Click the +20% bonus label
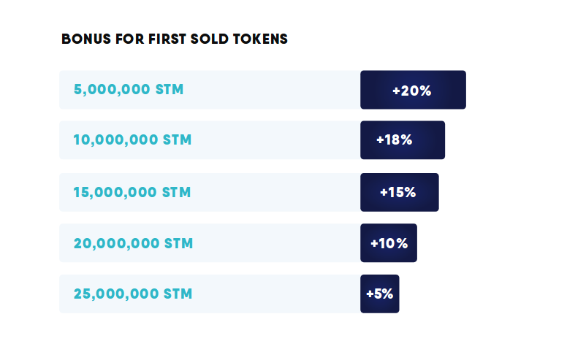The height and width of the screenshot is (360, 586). [412, 91]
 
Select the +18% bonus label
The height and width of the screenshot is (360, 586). [395, 140]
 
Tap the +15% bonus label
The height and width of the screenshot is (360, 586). [398, 193]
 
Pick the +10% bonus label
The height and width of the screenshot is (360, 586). [389, 243]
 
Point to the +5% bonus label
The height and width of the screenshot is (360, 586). [380, 294]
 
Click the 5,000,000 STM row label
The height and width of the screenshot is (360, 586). [129, 90]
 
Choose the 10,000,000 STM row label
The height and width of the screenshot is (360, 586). [132, 140]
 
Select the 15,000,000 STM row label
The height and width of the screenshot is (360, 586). [132, 193]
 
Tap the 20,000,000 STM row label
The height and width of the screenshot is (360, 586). [133, 243]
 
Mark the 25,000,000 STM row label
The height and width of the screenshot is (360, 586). [133, 294]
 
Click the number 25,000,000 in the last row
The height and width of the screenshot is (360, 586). [116, 294]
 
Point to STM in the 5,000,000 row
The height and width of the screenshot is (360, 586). [170, 90]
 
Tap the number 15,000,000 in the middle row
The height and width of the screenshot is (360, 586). [115, 193]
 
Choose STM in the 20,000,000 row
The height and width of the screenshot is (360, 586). [179, 243]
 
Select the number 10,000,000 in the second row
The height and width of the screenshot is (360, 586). [115, 140]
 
